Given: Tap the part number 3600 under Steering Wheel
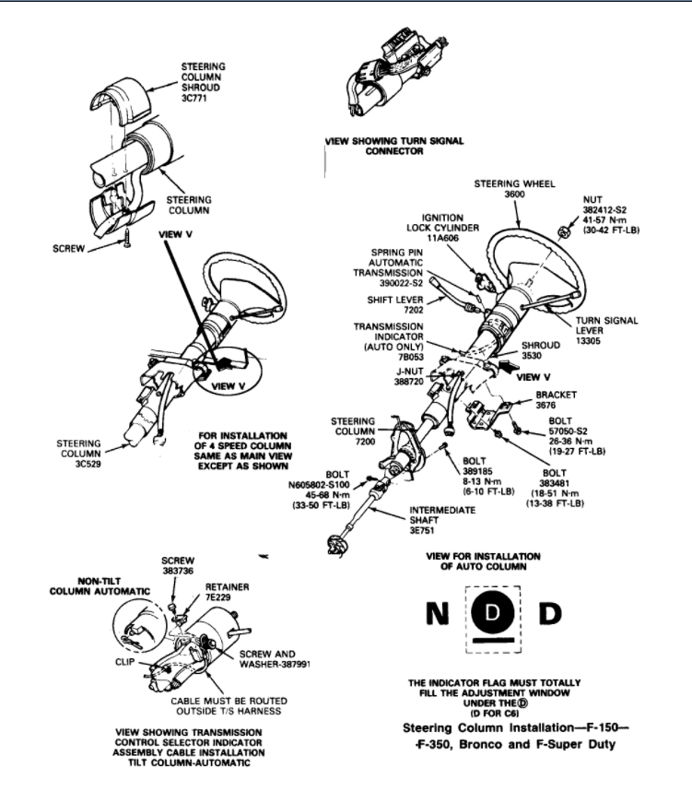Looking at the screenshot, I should [515, 195].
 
